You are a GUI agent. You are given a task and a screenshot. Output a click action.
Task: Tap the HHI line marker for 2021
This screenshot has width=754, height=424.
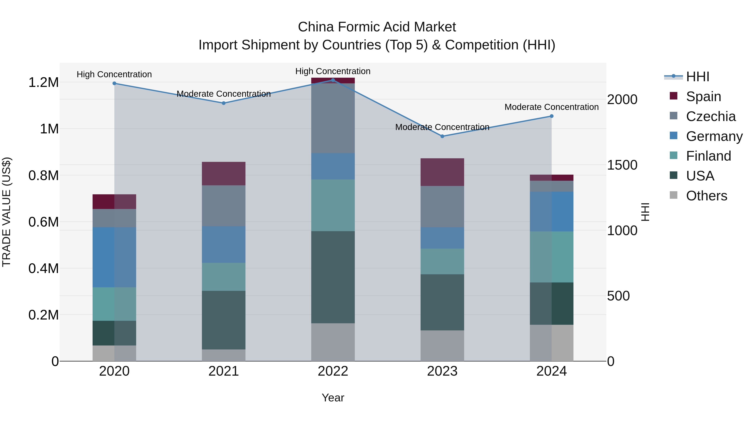coord(224,103)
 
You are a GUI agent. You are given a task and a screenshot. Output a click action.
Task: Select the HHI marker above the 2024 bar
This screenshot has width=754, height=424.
coord(551,116)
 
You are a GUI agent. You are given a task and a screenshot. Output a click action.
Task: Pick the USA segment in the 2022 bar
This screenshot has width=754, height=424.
coord(333,277)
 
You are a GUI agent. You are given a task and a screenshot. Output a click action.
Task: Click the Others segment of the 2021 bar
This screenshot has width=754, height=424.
coord(224,355)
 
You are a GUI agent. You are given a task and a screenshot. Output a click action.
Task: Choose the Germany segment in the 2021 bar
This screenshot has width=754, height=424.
coord(224,244)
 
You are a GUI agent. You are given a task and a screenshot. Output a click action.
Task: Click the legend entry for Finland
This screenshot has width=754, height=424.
coord(708,156)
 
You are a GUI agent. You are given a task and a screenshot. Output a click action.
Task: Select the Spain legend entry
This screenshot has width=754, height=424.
coord(703,96)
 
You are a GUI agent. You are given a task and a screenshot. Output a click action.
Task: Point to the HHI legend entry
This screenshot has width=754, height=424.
coord(697,77)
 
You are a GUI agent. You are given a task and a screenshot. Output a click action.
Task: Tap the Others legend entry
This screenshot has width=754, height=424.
coord(706,196)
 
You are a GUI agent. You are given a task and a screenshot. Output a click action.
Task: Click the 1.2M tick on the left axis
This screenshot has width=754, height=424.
coord(43,82)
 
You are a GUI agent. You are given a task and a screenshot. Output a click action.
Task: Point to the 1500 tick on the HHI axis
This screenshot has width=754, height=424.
coord(622,165)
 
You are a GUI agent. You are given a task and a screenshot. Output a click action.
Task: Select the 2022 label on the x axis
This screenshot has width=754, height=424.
coord(333,371)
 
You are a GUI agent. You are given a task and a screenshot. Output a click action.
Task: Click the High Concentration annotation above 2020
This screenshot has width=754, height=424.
coord(114,74)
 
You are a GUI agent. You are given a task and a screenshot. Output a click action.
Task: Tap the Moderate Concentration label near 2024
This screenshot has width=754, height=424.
coord(551,107)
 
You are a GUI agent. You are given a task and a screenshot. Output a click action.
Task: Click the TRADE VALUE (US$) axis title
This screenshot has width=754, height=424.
coord(6,212)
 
